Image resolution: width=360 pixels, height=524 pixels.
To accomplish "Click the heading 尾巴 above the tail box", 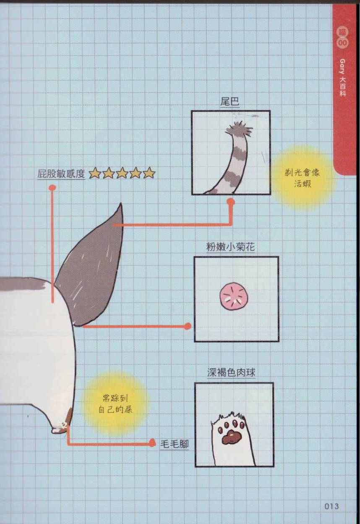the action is point(230,102).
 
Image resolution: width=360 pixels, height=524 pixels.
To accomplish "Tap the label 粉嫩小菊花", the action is point(230,247).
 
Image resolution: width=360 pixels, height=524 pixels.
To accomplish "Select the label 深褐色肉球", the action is point(231,372).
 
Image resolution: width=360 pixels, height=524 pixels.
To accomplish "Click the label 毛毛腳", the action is point(175,443).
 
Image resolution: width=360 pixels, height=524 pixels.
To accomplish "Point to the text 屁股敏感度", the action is point(61,174).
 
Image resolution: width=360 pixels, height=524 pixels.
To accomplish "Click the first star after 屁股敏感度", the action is point(95,173).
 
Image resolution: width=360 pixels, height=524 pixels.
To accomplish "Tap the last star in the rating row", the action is point(149,173).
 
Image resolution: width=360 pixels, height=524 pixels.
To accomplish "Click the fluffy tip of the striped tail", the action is point(238,129).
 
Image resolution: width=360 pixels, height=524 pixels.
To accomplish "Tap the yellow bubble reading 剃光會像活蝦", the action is point(303,178).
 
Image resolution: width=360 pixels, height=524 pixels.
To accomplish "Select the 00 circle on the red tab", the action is point(342,43).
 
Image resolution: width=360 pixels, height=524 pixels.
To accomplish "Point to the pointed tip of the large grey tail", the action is point(120,204).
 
